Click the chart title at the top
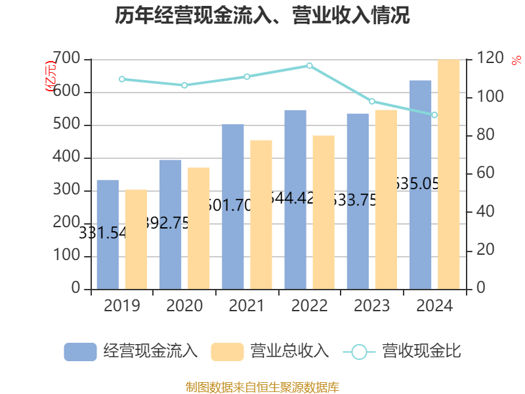click(x=262, y=16)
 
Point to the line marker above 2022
click(x=310, y=66)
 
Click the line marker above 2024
click(x=434, y=115)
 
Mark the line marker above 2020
click(x=184, y=85)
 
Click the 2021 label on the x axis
click(x=247, y=305)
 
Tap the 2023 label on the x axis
click(x=372, y=305)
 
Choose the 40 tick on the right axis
click(x=485, y=212)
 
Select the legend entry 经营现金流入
click(x=131, y=351)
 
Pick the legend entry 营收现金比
click(x=403, y=351)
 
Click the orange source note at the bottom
click(x=262, y=387)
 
